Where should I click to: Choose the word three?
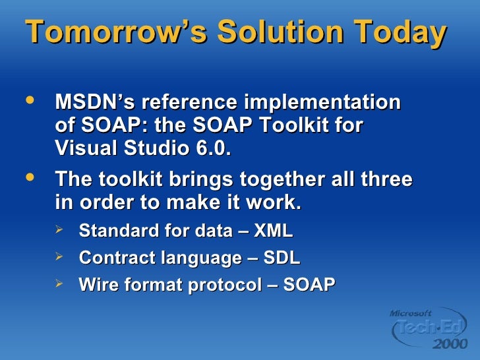(384, 180)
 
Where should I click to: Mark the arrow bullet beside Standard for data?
(59, 230)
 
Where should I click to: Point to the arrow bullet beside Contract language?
(59, 256)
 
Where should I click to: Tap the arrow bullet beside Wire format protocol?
(59, 283)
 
